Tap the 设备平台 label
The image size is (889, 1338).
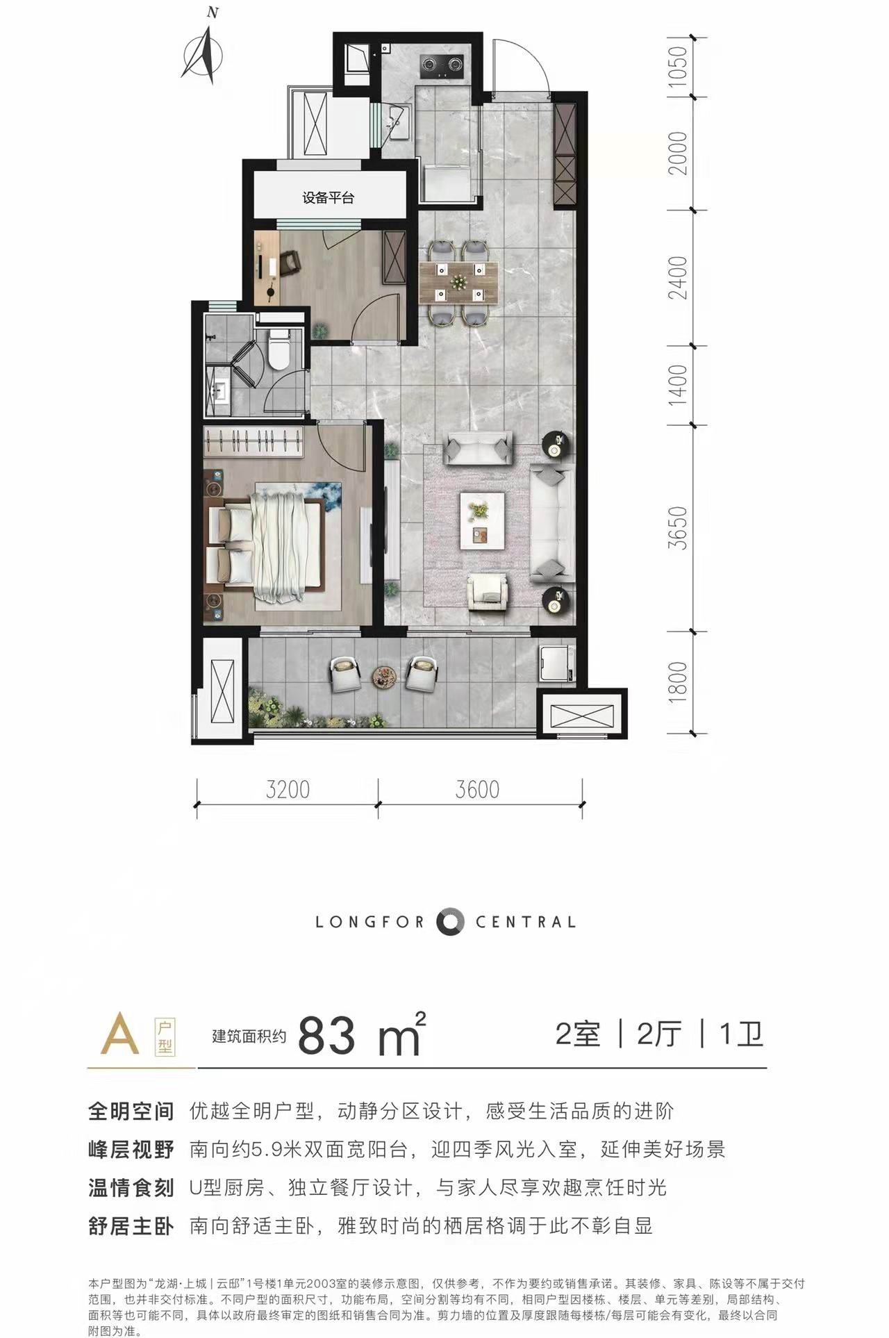point(328,198)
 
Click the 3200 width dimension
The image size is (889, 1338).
point(288,790)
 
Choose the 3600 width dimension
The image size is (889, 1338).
point(478,790)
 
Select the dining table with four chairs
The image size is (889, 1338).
point(458,281)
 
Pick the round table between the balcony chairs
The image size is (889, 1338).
point(384,675)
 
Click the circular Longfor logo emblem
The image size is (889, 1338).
point(450,921)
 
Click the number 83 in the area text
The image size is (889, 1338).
point(326,1036)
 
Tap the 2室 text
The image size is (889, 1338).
point(578,1034)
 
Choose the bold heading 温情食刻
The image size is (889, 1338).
point(131,1187)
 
